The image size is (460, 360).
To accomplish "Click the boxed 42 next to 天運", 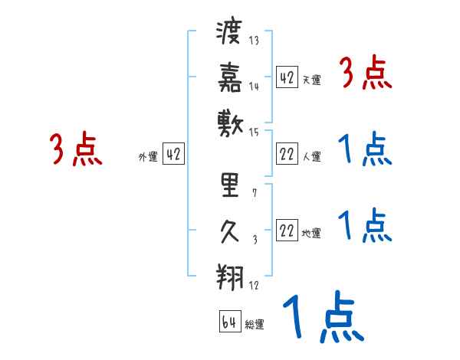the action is click(x=287, y=77).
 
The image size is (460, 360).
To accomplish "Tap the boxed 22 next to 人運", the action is click(x=287, y=154).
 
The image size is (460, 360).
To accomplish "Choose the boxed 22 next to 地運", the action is click(x=287, y=231).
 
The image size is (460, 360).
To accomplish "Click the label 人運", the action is click(x=311, y=157).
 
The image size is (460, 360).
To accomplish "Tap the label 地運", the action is click(x=311, y=234).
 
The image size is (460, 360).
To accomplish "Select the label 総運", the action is click(x=255, y=325).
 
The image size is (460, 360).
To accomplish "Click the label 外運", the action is click(x=147, y=157).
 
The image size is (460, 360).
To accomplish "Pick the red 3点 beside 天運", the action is click(x=366, y=74).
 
